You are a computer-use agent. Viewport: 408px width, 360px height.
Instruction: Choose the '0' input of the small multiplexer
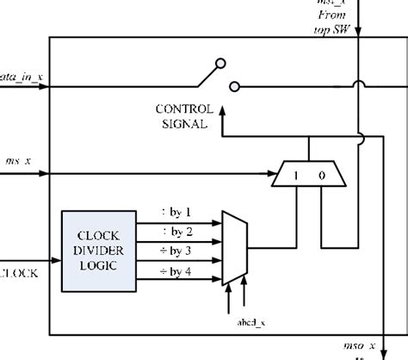321,176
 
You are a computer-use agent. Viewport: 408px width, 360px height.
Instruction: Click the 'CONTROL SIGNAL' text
182,116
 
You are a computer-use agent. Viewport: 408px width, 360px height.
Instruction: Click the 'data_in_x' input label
22,78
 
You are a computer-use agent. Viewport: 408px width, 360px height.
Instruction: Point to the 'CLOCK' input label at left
19,274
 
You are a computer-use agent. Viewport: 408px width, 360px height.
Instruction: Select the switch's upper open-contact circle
221,63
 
